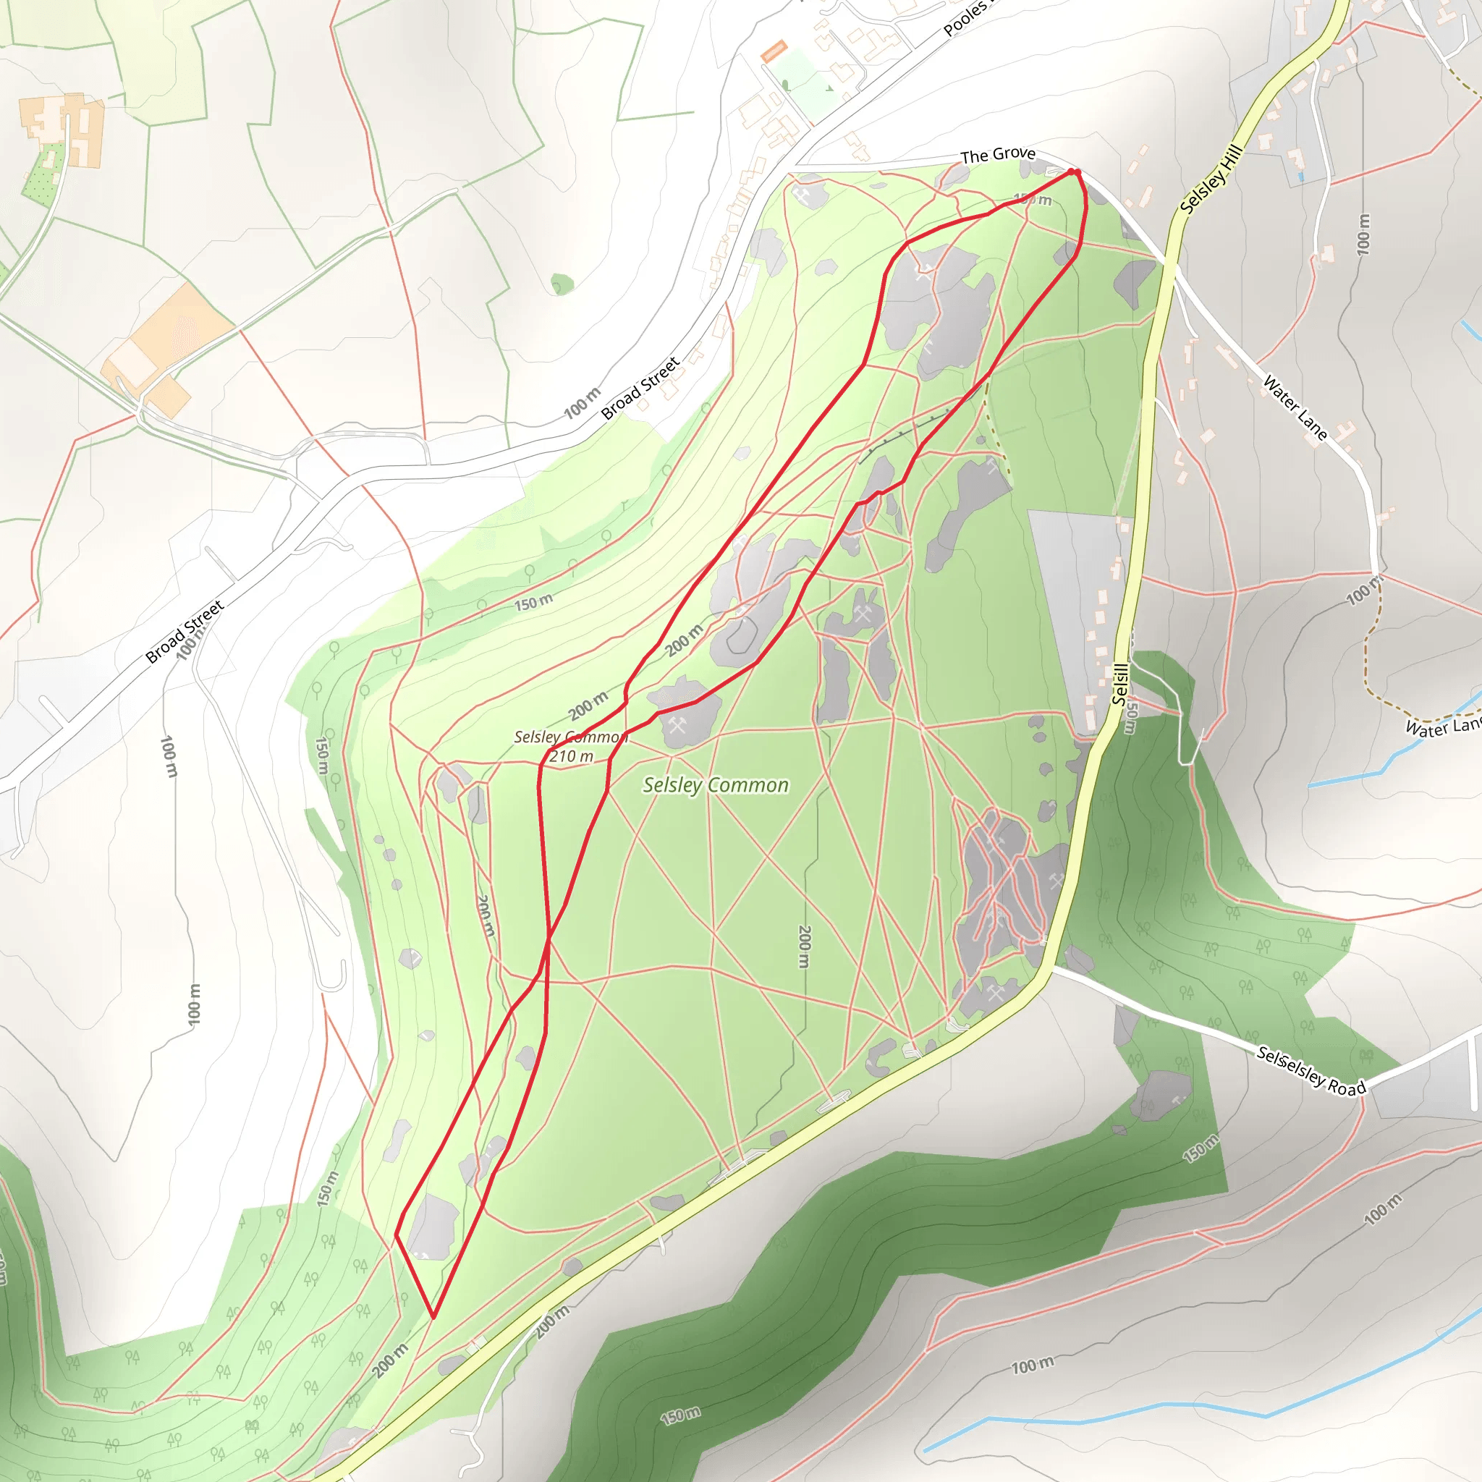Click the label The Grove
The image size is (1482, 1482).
[x=998, y=154]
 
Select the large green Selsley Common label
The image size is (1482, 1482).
[x=716, y=784]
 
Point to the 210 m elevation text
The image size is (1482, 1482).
[x=572, y=756]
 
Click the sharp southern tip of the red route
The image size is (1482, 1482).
[x=433, y=1316]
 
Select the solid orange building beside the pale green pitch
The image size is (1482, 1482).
[x=774, y=51]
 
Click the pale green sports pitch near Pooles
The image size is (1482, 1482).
[x=802, y=82]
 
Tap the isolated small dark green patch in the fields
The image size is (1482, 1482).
[x=562, y=284]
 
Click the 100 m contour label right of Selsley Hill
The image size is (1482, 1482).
[x=1363, y=234]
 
